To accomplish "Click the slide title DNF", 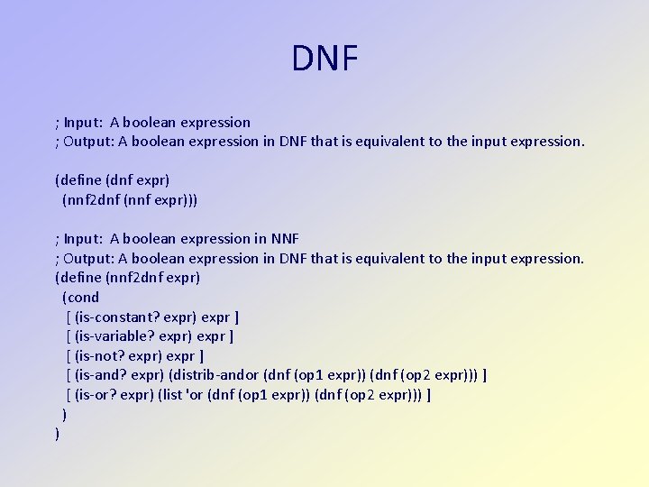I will (324, 59).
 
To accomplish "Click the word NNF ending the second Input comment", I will (285, 239).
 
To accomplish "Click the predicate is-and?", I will (102, 375).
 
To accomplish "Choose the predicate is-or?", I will (98, 395).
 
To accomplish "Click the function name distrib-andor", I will (216, 375).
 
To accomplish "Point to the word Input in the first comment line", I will (83, 123).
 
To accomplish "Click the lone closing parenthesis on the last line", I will (58, 434).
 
